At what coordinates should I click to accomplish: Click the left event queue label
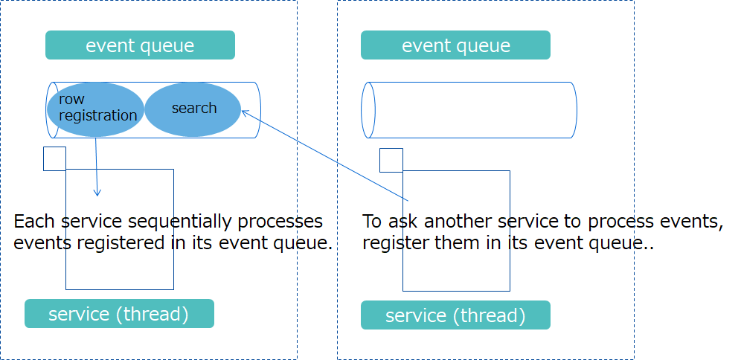click(140, 45)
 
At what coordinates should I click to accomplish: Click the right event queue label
click(455, 45)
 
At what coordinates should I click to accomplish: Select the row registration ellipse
click(95, 109)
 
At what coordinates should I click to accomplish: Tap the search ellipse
click(193, 109)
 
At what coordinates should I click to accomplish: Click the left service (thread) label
click(119, 314)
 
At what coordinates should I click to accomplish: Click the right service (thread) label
click(455, 315)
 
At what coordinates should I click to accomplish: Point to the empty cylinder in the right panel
click(472, 110)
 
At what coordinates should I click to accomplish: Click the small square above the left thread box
click(54, 158)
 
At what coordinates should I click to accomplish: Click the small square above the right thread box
click(391, 160)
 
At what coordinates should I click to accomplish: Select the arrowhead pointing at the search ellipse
click(245, 113)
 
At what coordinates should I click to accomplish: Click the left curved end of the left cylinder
click(51, 110)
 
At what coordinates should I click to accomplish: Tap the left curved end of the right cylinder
click(366, 110)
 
